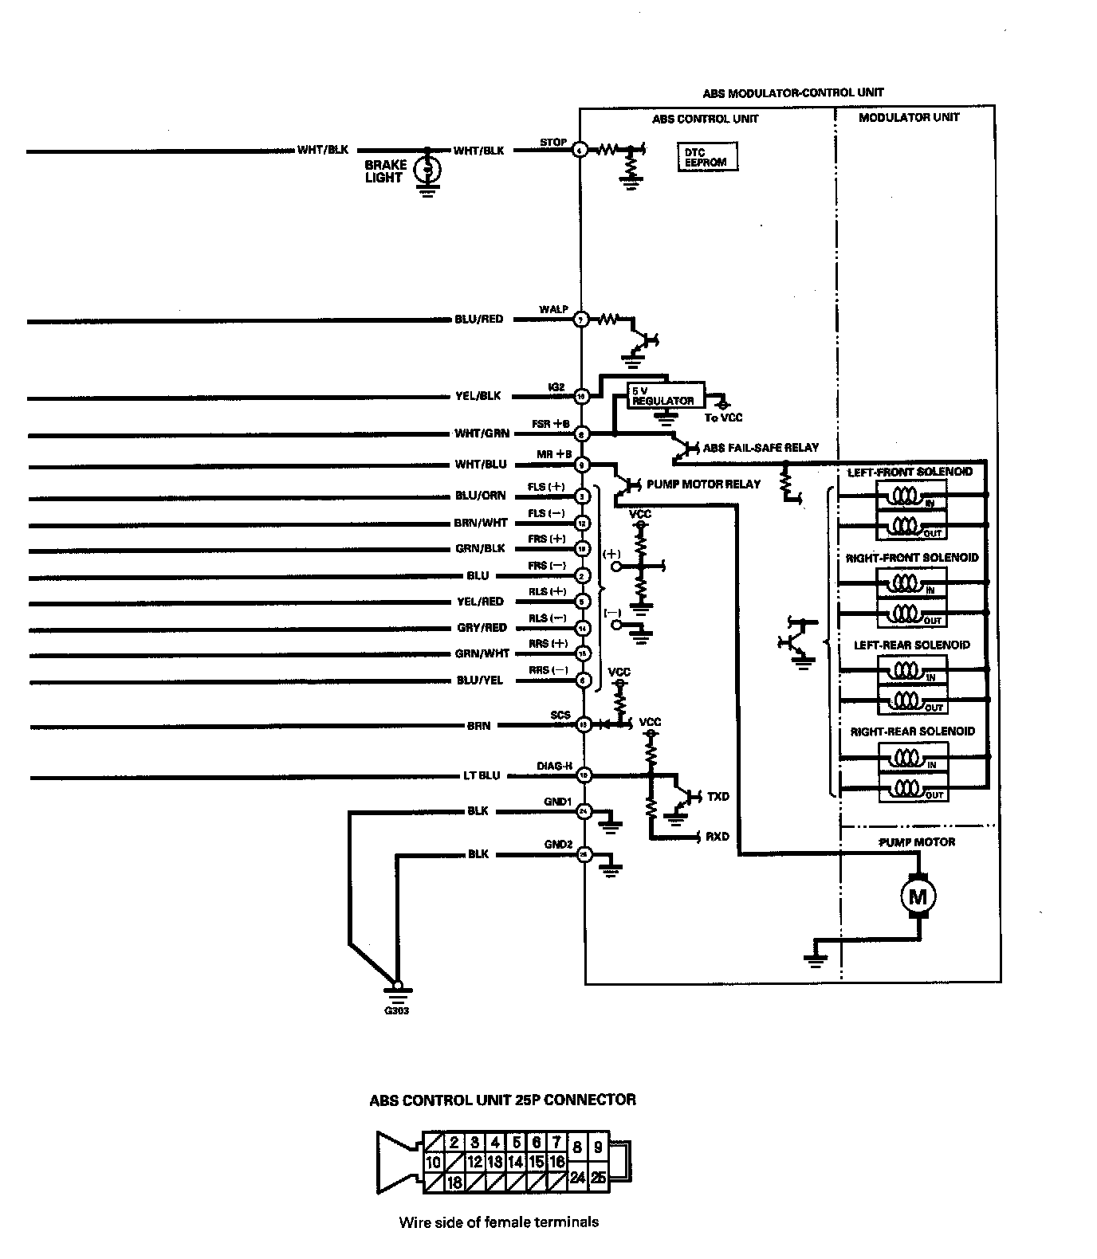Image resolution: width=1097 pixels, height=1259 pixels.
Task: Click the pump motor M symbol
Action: click(918, 897)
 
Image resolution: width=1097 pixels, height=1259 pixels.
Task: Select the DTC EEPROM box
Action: click(706, 157)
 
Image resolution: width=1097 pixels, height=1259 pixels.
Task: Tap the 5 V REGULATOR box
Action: click(663, 396)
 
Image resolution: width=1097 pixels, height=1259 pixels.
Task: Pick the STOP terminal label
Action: click(553, 143)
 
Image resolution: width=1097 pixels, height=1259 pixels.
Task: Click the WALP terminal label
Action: click(553, 309)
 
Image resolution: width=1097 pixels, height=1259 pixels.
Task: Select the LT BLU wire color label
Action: click(482, 775)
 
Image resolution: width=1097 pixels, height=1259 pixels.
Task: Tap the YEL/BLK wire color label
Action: click(478, 396)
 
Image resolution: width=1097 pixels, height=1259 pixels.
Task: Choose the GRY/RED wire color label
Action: click(482, 628)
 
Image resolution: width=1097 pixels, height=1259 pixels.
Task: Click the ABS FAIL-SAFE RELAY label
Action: click(761, 448)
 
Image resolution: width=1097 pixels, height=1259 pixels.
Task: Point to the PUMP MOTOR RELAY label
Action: click(703, 484)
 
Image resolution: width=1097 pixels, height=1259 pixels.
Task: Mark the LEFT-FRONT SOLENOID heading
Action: click(910, 472)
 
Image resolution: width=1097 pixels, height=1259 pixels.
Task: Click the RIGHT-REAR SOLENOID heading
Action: click(912, 731)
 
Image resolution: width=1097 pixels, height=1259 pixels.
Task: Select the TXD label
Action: click(718, 797)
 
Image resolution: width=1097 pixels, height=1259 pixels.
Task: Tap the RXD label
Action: click(718, 837)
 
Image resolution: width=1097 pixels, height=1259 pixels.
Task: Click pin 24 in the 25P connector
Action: click(577, 1178)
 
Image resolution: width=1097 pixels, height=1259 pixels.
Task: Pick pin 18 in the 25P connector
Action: click(454, 1183)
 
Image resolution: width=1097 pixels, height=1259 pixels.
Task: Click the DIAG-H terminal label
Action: click(554, 767)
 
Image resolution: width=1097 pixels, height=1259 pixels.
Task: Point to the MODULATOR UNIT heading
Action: click(909, 118)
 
